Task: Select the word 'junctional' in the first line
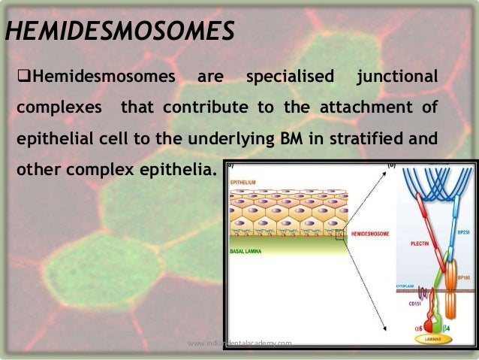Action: point(397,77)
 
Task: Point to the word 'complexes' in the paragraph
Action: point(59,107)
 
